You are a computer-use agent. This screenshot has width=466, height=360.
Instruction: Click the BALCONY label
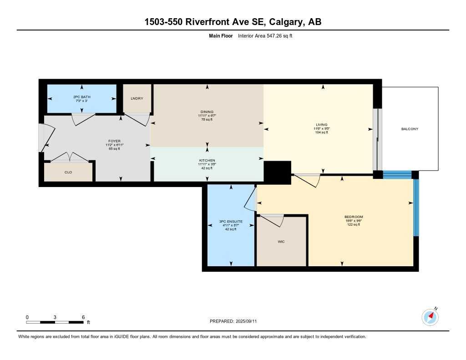410,129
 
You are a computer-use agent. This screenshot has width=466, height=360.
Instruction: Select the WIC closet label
281,242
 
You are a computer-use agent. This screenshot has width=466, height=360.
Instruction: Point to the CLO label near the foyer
68,172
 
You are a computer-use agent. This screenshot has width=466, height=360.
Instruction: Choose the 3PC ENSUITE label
231,221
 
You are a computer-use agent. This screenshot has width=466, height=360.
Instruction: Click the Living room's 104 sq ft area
323,132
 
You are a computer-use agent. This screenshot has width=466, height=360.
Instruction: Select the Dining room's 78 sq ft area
208,120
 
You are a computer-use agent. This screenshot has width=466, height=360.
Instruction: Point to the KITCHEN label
208,160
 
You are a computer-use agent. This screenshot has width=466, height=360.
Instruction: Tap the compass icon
430,316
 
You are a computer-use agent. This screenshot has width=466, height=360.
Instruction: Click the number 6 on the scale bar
83,317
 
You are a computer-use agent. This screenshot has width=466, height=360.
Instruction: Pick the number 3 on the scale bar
55,317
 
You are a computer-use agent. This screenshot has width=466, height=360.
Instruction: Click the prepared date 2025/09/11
250,321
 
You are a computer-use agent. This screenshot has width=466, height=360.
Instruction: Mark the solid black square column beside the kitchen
277,172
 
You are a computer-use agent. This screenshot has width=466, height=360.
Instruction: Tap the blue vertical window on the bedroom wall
415,208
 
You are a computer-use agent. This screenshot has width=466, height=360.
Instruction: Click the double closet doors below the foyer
69,157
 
